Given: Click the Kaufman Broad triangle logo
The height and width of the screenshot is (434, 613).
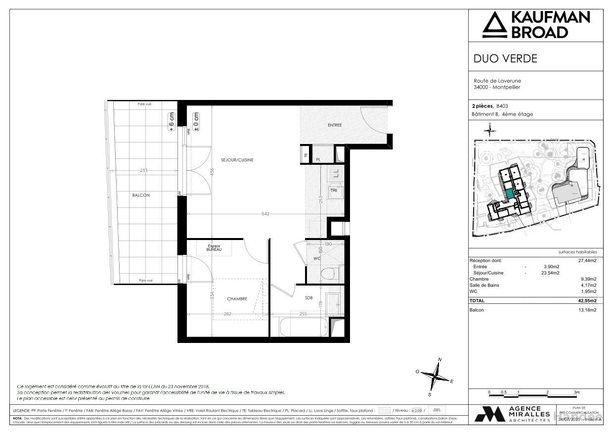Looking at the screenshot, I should tap(495, 25).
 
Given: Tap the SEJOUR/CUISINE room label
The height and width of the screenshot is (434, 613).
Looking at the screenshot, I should tap(237, 160).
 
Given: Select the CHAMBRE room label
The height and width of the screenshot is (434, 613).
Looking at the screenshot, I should tap(237, 299).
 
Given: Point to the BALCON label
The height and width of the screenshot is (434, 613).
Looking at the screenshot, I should tap(141, 195).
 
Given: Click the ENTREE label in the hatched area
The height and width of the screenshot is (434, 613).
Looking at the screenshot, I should tap(335, 125).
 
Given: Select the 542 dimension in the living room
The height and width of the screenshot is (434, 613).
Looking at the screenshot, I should tap(265, 214).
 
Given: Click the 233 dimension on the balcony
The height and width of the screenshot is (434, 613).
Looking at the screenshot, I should tap(143, 170).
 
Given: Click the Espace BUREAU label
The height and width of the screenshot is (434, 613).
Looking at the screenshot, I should tap(214, 248).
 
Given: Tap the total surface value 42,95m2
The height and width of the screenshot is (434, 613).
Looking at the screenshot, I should tap(587, 301).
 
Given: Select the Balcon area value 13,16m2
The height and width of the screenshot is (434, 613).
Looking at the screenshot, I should tap(587, 310).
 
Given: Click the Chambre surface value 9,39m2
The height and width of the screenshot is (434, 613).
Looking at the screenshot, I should tap(588, 279).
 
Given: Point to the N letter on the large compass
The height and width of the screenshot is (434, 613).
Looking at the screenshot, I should tap(440, 360).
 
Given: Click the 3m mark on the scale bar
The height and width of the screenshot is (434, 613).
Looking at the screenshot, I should tap(576, 392).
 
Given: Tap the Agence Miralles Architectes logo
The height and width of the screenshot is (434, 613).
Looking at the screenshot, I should tap(513, 414).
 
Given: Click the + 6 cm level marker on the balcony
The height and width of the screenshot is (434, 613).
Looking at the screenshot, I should tap(172, 121).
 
